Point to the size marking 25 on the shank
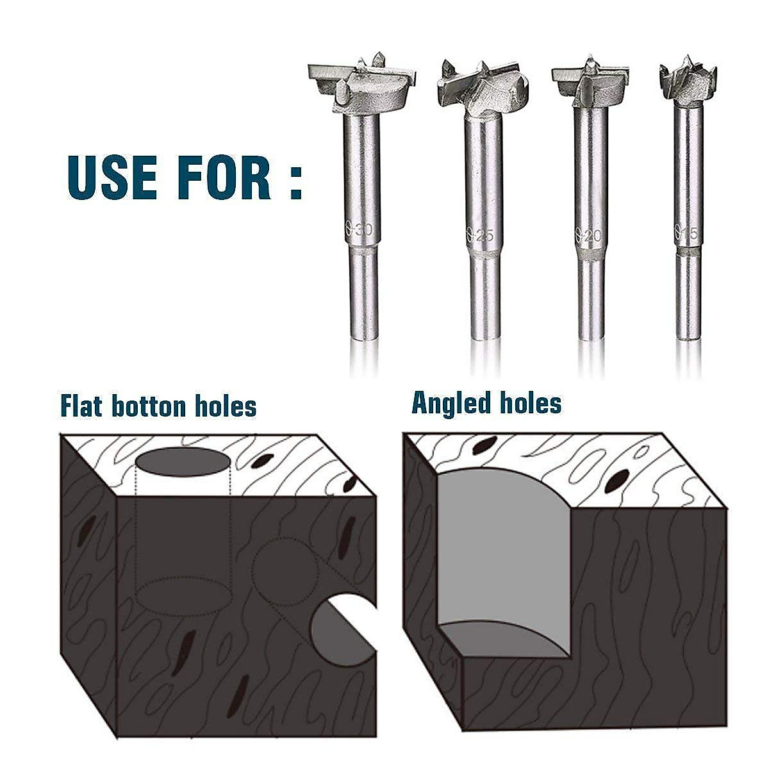point(480,235)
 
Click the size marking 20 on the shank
point(590,235)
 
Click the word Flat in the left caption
point(83,406)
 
